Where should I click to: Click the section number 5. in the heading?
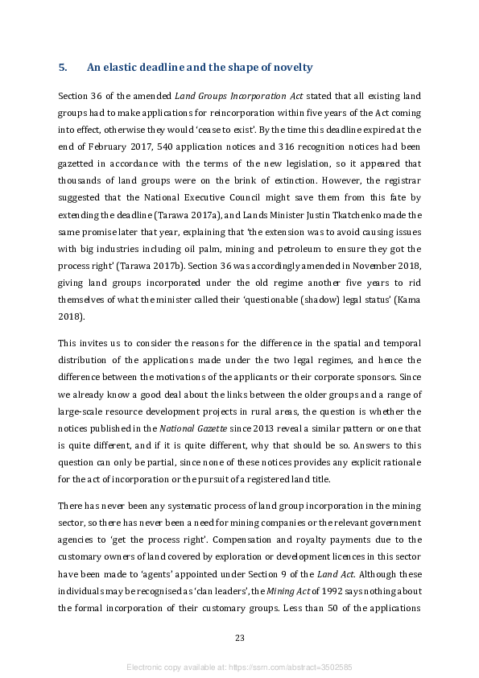63,67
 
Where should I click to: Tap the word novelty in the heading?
290,67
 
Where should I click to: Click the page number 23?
239,639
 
